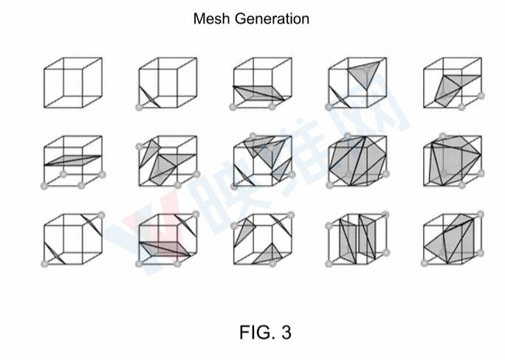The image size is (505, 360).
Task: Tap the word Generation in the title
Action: coord(272,19)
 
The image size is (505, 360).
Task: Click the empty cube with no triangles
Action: coord(73,83)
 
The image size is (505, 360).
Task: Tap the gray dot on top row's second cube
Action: coord(139,107)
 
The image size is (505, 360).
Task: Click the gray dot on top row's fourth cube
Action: coord(329,107)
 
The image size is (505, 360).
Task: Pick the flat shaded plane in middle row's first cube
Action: coord(73,160)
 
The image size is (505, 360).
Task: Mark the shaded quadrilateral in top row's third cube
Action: coord(259,93)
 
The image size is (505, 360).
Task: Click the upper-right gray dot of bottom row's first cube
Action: coord(101,215)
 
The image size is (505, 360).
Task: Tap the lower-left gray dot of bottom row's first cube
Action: coord(45,264)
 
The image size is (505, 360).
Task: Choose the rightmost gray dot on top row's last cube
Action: coord(481,95)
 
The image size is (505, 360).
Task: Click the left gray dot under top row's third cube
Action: coord(233,107)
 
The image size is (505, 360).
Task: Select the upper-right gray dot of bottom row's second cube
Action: coord(196,214)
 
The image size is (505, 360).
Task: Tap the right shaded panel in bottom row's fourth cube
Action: coord(367,237)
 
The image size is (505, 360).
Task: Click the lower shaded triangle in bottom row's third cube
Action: coord(268,255)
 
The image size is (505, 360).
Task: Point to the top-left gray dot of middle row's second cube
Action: coord(139,147)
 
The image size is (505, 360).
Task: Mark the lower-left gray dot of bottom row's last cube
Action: coord(425,263)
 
